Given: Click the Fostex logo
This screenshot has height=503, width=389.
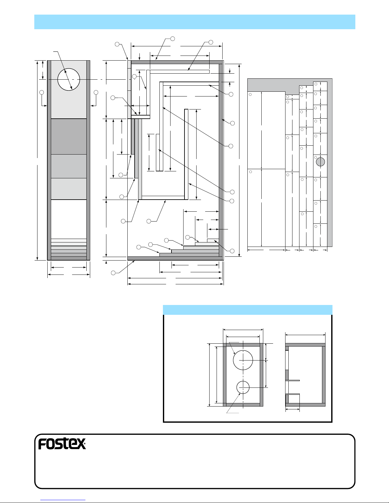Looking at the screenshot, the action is [x=62, y=444].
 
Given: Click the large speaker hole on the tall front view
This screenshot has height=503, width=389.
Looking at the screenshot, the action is [x=69, y=79].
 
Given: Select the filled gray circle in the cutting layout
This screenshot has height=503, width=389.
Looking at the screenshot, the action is [x=320, y=162].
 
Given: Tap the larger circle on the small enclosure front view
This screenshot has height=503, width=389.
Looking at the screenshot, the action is [x=243, y=360].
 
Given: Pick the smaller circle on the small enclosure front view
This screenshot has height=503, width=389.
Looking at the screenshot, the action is [x=243, y=387].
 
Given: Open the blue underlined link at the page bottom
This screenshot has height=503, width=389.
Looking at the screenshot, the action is [x=63, y=500].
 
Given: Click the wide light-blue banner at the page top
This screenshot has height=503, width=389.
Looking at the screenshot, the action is [x=195, y=22].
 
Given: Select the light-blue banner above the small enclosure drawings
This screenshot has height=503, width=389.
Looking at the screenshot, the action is [x=247, y=310].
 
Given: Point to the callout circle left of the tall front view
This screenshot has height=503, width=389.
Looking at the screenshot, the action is [x=42, y=92].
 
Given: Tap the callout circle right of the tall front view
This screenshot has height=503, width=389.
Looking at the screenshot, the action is [x=96, y=92].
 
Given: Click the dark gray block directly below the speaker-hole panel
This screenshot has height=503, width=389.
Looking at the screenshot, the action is [x=69, y=136].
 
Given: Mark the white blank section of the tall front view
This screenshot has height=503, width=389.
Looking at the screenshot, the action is [x=69, y=219].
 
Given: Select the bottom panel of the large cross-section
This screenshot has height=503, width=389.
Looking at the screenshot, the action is [x=176, y=258].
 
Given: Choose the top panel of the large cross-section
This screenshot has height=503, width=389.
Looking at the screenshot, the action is [x=177, y=62].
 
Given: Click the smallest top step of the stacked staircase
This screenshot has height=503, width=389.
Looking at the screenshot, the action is [x=213, y=240].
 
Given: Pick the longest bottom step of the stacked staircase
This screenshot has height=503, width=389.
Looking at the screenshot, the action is [x=189, y=255].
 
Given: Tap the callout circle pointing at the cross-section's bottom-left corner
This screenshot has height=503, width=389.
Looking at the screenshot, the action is [x=113, y=273].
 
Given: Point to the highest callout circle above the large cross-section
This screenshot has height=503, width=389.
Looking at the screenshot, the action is [x=172, y=39].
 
